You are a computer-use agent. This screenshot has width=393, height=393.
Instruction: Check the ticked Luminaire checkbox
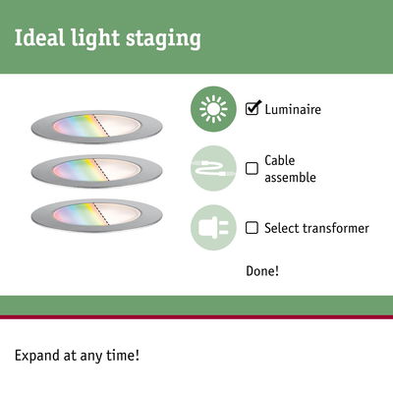[253, 108]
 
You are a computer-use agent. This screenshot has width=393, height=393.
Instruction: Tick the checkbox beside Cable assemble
[252, 168]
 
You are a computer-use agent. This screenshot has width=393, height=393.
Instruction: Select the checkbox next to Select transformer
[252, 228]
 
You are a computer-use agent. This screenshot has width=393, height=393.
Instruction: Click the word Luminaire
[293, 109]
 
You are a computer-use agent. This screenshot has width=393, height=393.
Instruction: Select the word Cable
[280, 160]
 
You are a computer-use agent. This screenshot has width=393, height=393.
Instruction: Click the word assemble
[292, 178]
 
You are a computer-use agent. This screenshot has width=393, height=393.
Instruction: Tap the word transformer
[335, 228]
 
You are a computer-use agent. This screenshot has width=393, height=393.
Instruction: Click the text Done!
[263, 270]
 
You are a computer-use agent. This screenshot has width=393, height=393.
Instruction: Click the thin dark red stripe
[196, 317]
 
